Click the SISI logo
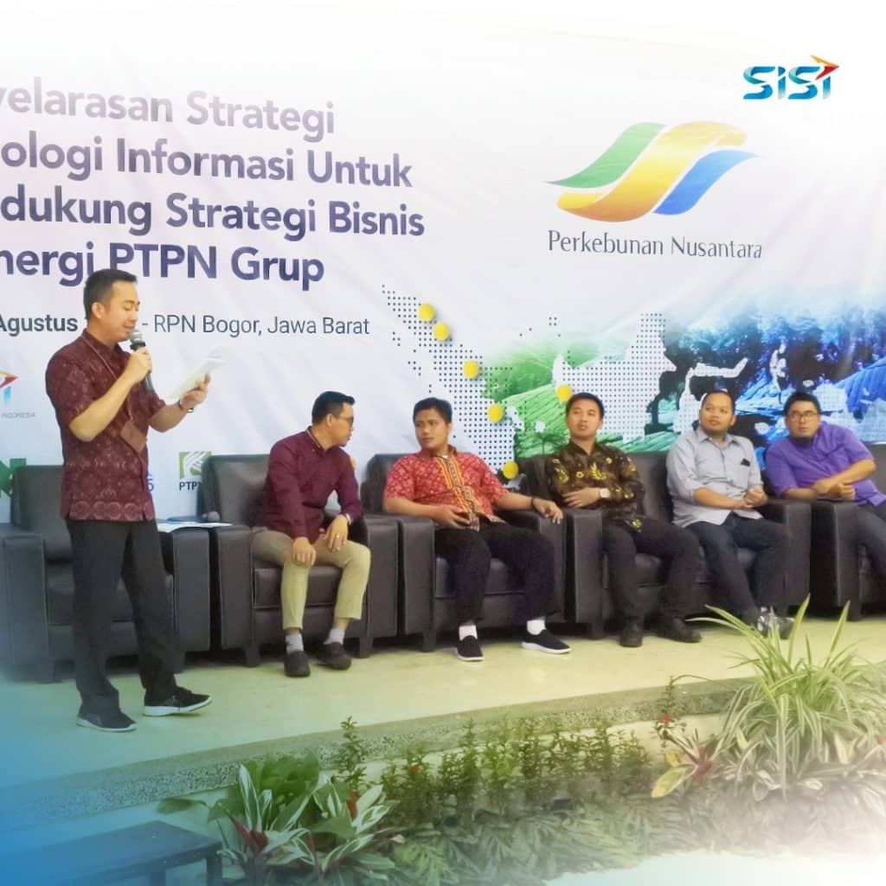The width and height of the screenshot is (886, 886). [789, 79]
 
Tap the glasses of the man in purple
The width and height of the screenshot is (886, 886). [802, 415]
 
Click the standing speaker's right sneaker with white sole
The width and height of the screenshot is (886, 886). [177, 701]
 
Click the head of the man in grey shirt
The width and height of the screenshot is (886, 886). [703, 413]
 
